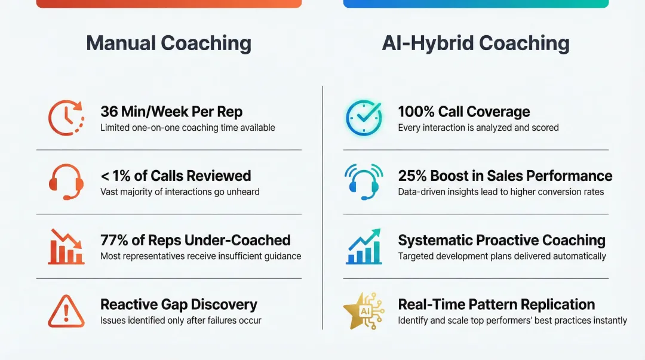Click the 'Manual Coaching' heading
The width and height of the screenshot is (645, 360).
point(168,44)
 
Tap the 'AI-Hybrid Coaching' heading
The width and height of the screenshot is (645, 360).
point(475,44)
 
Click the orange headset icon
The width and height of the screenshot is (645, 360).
point(66,181)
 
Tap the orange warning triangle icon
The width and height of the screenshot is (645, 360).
point(66,310)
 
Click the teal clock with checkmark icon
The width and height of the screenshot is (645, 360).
point(364,117)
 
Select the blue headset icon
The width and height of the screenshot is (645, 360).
point(364,181)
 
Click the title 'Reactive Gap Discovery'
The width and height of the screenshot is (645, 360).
point(179,304)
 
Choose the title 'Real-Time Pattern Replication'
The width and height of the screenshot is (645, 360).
point(496,304)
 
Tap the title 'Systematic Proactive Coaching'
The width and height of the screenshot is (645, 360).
point(502,241)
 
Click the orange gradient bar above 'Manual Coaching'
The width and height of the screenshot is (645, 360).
point(168,4)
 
